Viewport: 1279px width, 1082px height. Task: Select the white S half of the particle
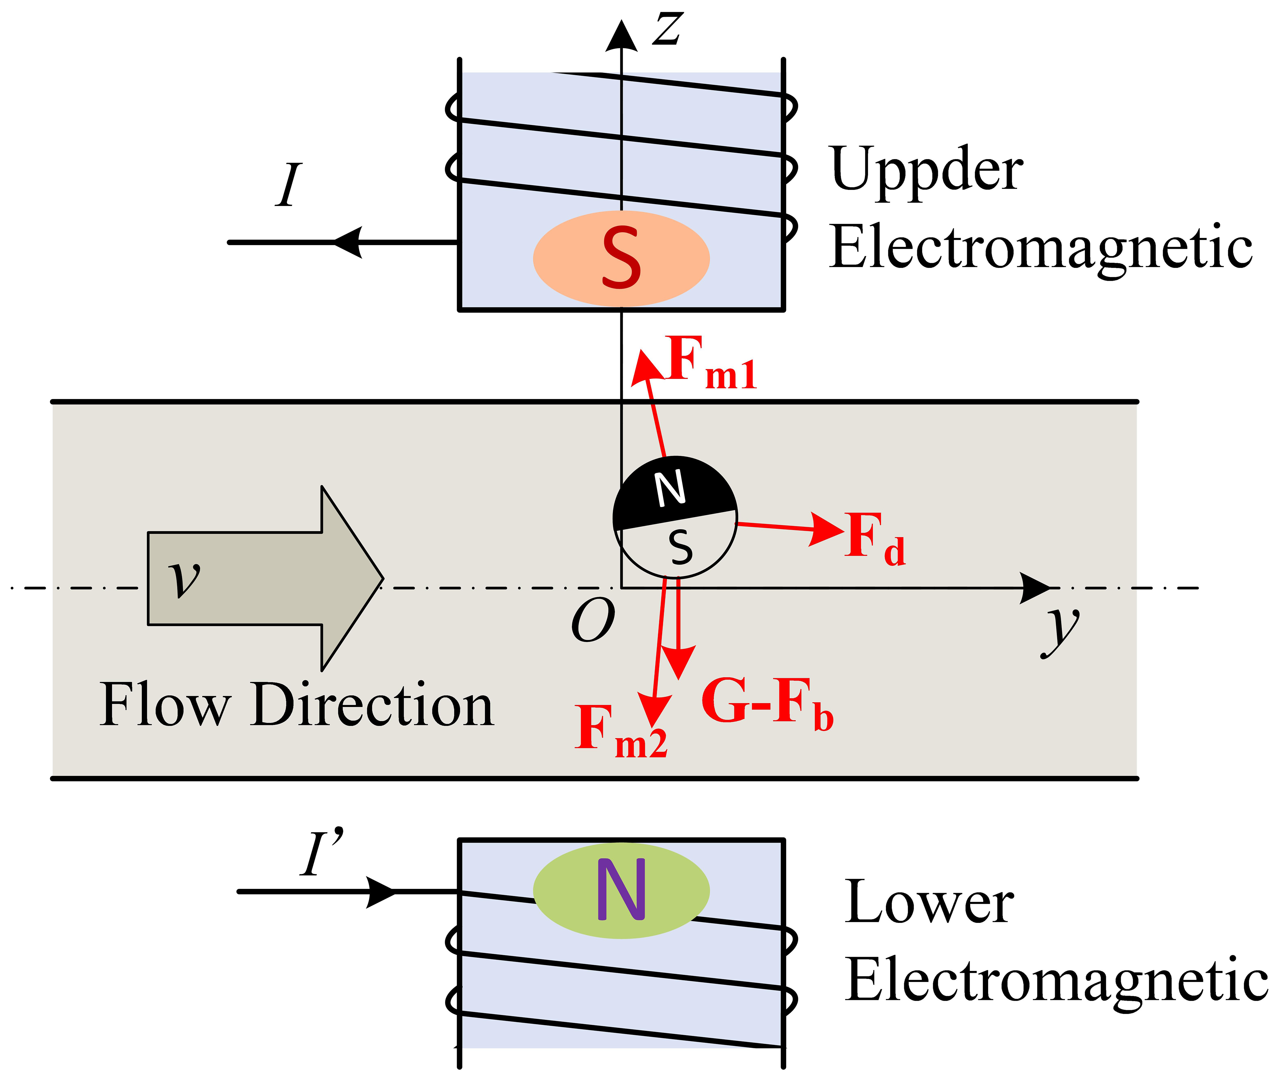pos(678,548)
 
